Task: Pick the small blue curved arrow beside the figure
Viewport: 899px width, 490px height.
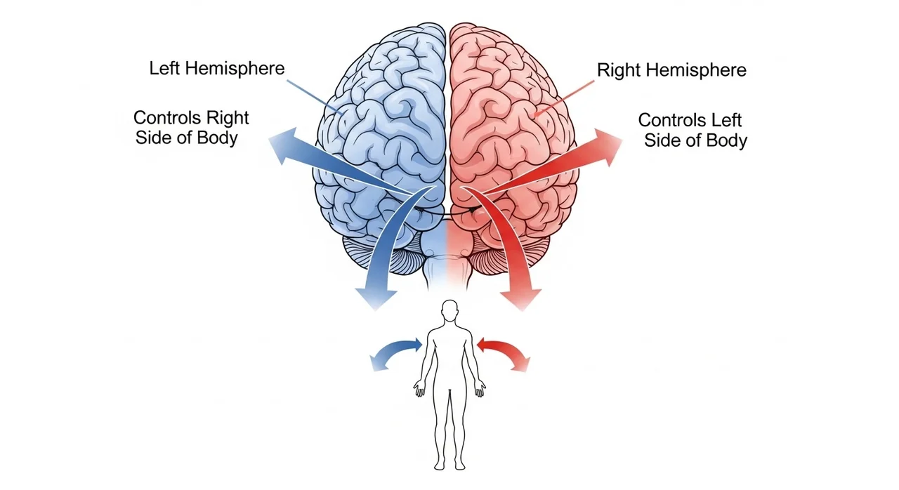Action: coord(395,351)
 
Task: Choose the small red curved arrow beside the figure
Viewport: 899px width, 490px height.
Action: coord(504,350)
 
